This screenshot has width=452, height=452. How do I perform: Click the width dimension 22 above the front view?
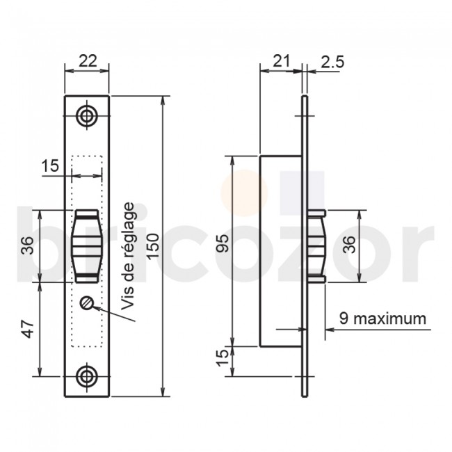tap(87, 61)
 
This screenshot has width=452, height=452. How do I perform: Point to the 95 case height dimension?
tap(222, 245)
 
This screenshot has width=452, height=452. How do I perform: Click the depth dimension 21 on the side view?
tap(281, 61)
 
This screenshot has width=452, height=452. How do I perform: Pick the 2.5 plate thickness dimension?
tap(332, 61)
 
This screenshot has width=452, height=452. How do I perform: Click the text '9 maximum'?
tap(382, 319)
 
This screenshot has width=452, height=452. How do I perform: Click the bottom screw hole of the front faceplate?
tap(87, 376)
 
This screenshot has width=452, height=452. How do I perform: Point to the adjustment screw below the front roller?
tap(87, 303)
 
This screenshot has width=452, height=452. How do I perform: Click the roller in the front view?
tap(87, 245)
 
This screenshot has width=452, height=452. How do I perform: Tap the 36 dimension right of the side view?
tap(349, 245)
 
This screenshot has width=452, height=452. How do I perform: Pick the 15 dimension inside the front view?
tap(50, 166)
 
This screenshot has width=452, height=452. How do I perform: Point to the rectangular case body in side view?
tap(280, 250)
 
